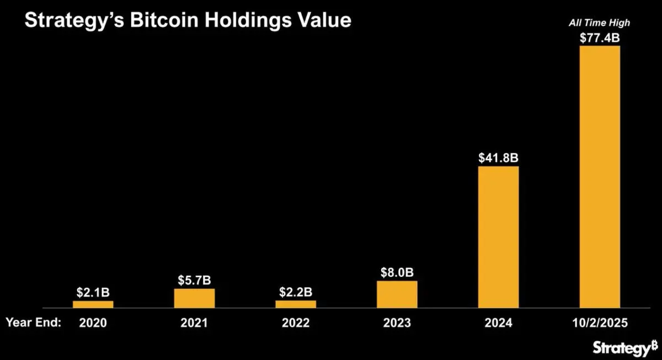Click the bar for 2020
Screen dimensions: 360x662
(x=93, y=304)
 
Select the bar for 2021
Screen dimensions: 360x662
(x=194, y=298)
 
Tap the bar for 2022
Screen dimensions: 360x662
(x=296, y=304)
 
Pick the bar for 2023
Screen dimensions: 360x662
(x=397, y=294)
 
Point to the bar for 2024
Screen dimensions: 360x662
(x=498, y=237)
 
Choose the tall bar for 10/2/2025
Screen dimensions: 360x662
(x=600, y=176)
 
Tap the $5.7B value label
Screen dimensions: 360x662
(x=194, y=281)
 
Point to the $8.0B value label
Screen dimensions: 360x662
(x=397, y=272)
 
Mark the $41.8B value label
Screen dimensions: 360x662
(x=498, y=158)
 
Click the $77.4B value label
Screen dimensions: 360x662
(x=600, y=37)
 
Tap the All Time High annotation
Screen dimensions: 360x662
(x=600, y=23)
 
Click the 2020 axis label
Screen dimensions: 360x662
(x=93, y=323)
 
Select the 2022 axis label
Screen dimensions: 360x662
(x=296, y=323)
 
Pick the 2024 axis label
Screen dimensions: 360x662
(x=498, y=323)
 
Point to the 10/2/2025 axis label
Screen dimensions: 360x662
(x=600, y=323)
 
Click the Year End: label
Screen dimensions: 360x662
(x=33, y=323)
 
